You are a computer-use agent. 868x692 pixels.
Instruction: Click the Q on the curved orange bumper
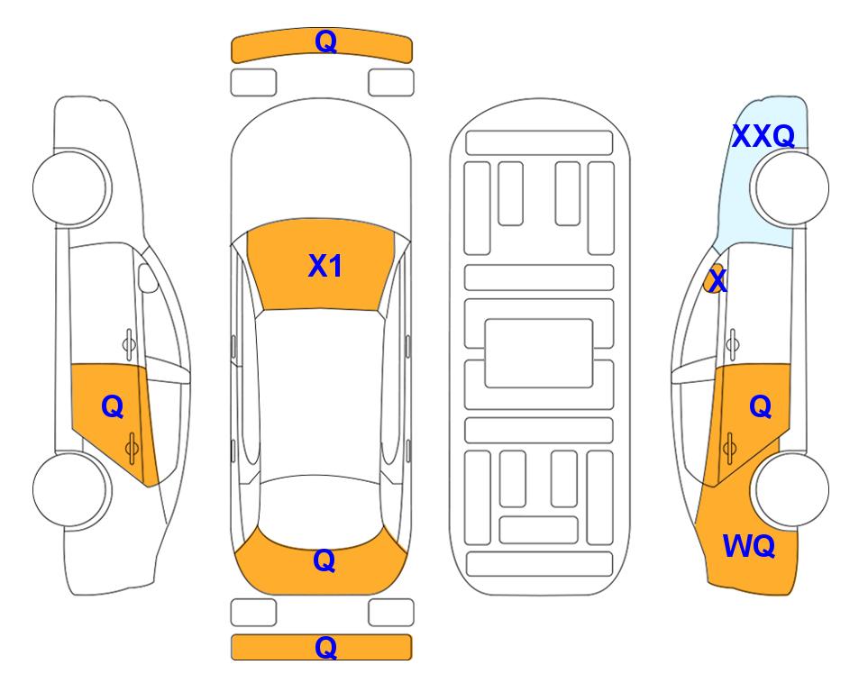[x=325, y=41]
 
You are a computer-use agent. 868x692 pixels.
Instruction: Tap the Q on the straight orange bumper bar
[x=325, y=647]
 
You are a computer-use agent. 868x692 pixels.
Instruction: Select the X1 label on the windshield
[x=325, y=266]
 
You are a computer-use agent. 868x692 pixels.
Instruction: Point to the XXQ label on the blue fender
[x=763, y=136]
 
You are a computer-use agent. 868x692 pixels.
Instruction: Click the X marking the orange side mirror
[x=717, y=280]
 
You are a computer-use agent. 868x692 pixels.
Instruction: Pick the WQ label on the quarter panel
[x=749, y=546]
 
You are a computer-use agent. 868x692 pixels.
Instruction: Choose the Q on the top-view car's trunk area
[x=324, y=561]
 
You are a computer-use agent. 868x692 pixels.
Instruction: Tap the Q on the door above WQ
[x=761, y=407]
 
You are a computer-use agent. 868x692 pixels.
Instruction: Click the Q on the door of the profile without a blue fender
[x=113, y=407]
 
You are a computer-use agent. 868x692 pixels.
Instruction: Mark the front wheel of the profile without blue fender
[x=72, y=187]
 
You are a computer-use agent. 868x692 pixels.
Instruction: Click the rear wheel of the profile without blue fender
[x=72, y=489]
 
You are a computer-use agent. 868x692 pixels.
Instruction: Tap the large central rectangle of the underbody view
[x=539, y=353]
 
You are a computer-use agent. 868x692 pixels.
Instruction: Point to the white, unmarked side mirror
[x=148, y=278]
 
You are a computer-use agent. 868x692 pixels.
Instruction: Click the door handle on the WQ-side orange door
[x=729, y=449]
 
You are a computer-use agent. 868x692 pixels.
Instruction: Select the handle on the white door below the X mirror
[x=732, y=344]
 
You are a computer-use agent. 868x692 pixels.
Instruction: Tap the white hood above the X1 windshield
[x=321, y=166]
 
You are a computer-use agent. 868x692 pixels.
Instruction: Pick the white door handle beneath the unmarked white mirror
[x=129, y=344]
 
